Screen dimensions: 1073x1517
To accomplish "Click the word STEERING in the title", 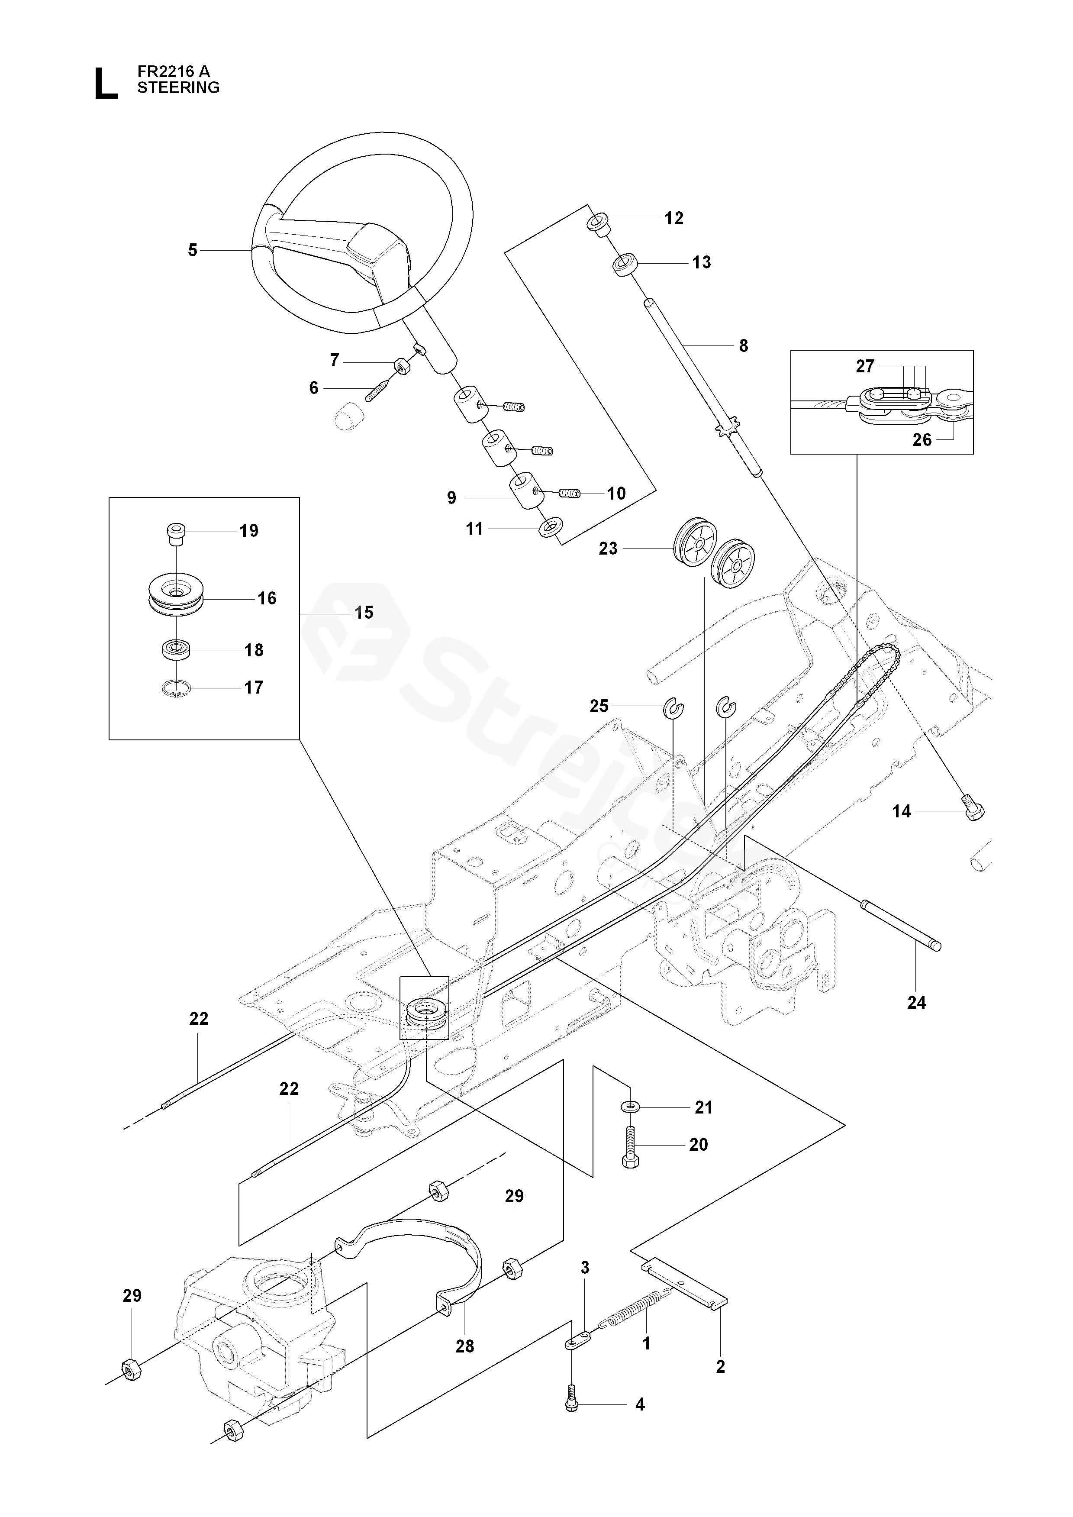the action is tap(178, 87).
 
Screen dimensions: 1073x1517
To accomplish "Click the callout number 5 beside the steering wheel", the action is tap(193, 250).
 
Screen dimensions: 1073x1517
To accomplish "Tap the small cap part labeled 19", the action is tap(175, 534).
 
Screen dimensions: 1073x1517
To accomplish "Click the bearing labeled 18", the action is tap(176, 649).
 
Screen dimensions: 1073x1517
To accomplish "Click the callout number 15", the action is tap(364, 613).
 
